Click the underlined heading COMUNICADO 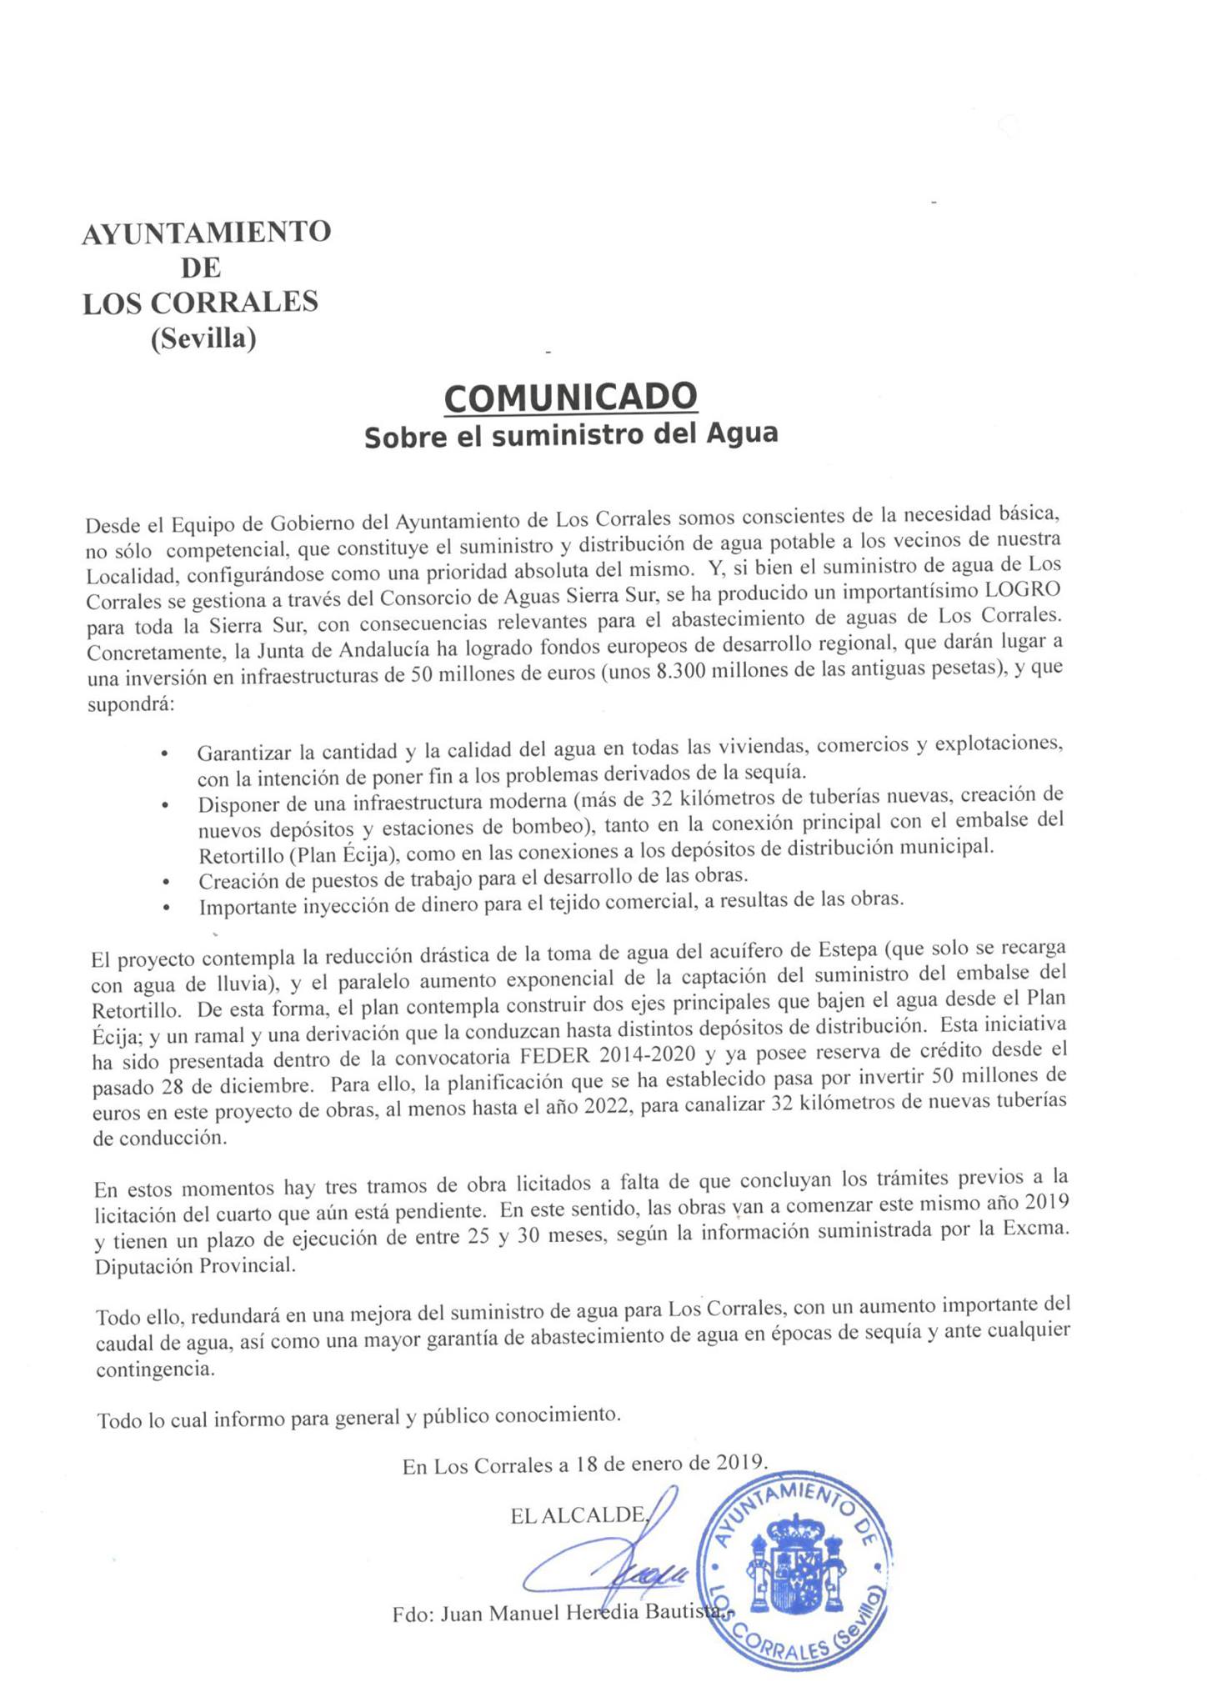(570, 398)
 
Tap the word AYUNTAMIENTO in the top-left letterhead (206, 233)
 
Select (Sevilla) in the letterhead (203, 339)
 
